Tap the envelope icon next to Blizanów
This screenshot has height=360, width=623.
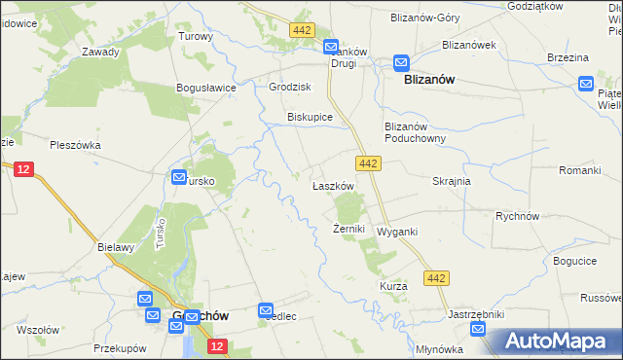point(401,63)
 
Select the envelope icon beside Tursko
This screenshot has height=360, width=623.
point(179,176)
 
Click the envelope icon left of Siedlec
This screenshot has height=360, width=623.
point(267,310)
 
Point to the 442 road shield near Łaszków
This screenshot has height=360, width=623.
point(367,165)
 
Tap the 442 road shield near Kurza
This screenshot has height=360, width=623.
point(437,279)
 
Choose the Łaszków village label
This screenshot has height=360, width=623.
point(330,186)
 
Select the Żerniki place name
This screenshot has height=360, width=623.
point(348,230)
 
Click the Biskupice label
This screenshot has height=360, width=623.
point(310,117)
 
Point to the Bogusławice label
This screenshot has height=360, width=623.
point(206,88)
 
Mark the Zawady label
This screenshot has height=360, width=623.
point(101,52)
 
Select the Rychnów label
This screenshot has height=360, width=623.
point(517,216)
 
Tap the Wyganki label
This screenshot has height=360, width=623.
point(397,232)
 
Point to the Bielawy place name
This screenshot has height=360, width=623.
point(116,247)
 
